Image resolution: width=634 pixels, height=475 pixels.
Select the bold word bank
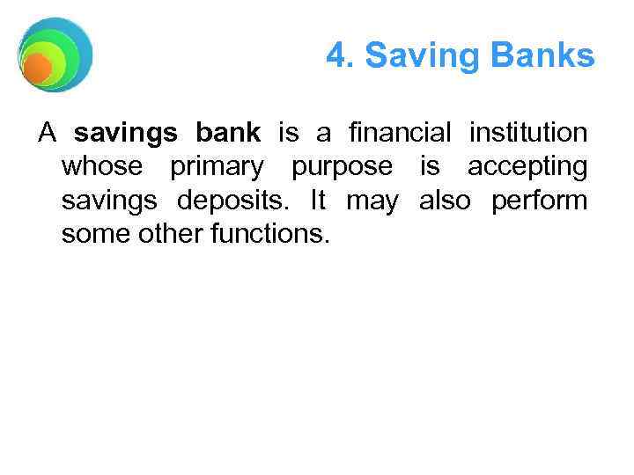tap(228, 134)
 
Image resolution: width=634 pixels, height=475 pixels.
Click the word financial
tap(400, 134)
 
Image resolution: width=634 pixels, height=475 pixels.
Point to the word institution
tap(528, 134)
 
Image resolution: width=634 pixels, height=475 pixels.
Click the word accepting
tap(527, 167)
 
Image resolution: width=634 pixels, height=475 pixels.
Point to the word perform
tap(539, 201)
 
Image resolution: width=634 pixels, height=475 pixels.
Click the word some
tap(92, 234)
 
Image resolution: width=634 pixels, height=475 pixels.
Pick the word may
tap(372, 201)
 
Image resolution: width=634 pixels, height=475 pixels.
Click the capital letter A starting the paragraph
tap(48, 134)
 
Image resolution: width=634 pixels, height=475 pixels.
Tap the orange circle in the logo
tap(37, 68)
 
